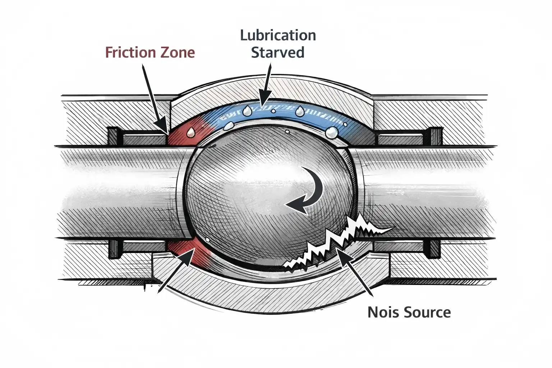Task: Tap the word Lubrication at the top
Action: (278, 35)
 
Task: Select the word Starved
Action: (277, 52)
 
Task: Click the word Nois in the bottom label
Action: (382, 312)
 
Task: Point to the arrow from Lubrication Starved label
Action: (267, 84)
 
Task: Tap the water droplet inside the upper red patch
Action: (191, 132)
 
